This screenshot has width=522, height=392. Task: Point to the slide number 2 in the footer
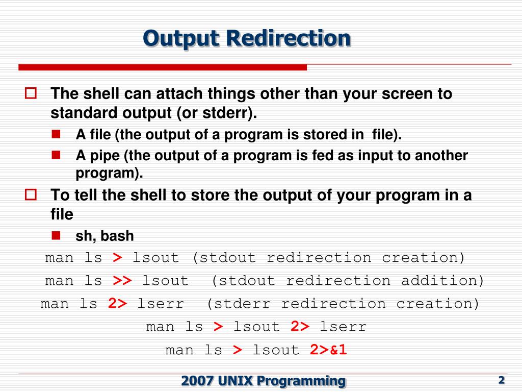click(x=501, y=380)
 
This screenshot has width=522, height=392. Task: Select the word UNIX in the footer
click(x=236, y=380)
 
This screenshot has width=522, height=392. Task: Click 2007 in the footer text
click(x=198, y=380)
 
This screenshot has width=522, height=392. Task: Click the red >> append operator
click(x=122, y=281)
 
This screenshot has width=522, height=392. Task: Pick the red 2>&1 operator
click(x=328, y=350)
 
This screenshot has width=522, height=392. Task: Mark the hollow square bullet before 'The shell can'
click(x=31, y=93)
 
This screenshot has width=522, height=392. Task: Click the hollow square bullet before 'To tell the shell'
click(x=31, y=194)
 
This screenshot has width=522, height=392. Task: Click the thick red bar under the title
click(x=163, y=67)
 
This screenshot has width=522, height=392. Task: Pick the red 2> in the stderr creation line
click(x=117, y=304)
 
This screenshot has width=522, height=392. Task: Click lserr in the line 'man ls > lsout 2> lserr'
click(x=343, y=327)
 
